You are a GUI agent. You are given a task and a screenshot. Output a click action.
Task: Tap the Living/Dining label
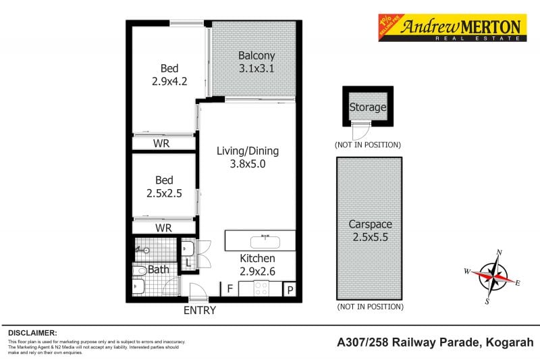point(247,151)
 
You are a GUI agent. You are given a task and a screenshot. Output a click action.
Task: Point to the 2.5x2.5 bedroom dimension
point(164,192)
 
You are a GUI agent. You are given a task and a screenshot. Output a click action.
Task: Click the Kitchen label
point(258,259)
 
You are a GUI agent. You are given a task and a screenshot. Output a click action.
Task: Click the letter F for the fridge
point(230,290)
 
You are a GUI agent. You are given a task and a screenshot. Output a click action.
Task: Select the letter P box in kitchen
point(290,290)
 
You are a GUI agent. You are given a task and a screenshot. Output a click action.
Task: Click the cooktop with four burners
point(261,289)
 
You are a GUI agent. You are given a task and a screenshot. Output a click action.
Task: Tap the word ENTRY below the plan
point(200,311)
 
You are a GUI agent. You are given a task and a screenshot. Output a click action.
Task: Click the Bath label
point(159,269)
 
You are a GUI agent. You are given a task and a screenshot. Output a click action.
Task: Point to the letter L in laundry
point(187,262)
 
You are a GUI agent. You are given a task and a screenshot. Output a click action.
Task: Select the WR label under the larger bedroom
point(161,144)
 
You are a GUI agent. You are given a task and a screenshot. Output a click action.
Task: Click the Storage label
point(367,107)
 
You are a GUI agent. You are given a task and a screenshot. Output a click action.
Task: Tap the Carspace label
point(369,224)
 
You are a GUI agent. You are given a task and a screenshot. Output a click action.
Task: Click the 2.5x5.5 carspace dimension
point(369,237)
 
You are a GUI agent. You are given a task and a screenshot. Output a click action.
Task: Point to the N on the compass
point(499,253)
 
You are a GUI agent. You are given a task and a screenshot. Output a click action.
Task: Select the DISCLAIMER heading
point(32,333)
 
